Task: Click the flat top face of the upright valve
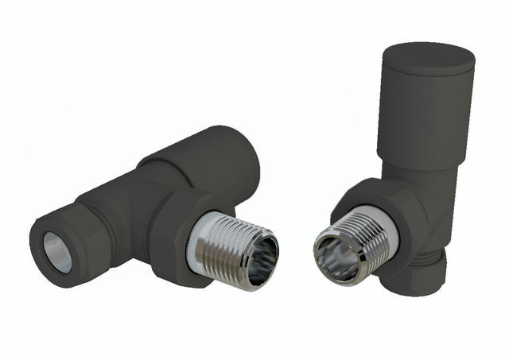coord(427,56)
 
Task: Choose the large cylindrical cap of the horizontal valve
coord(211,159)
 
